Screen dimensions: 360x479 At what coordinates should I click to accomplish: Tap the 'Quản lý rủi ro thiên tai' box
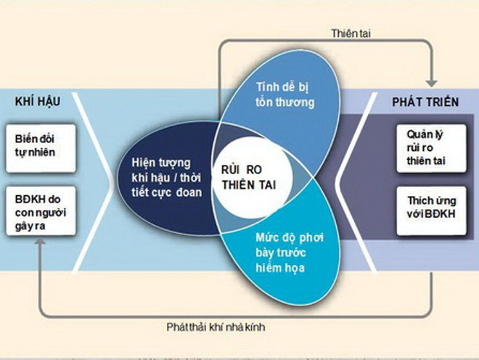tap(427, 148)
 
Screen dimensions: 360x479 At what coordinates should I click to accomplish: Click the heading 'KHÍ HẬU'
tap(37, 102)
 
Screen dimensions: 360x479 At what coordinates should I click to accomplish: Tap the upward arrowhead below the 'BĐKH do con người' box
tap(41, 245)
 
